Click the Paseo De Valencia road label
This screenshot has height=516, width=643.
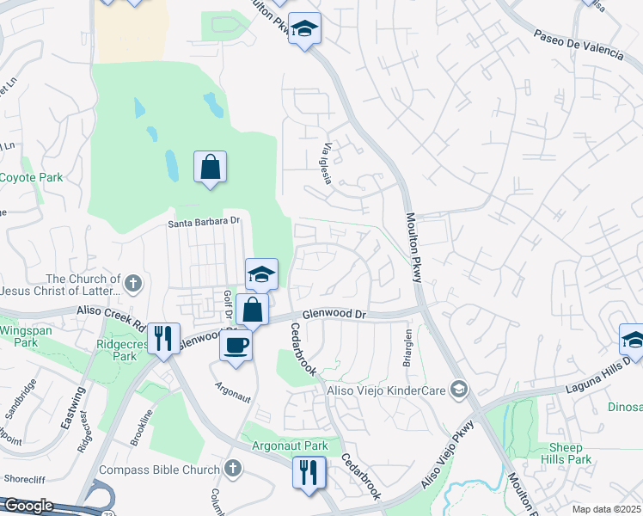578,44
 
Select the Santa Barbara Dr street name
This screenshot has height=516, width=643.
203,221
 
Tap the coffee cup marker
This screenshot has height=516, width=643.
236,345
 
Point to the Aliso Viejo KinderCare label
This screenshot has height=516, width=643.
384,390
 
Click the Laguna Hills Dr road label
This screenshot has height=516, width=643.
597,376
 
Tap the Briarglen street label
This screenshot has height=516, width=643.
407,347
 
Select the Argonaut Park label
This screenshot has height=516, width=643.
290,446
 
